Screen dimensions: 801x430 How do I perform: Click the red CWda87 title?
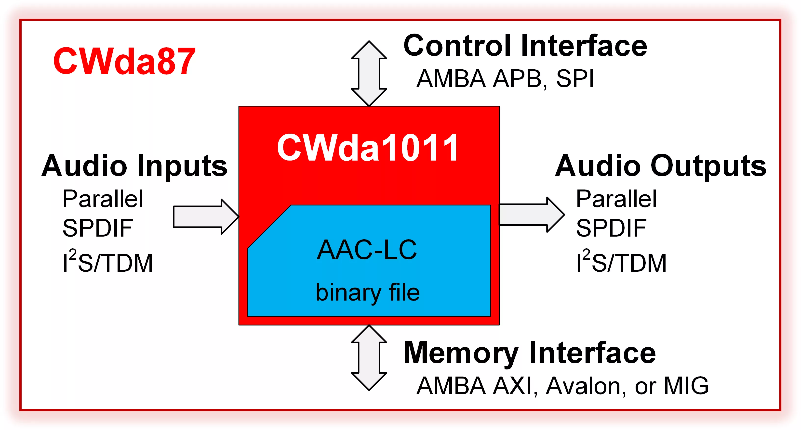tap(124, 61)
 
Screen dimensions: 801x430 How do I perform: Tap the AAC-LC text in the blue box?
tap(367, 250)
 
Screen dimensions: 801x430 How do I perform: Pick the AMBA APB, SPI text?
tap(505, 79)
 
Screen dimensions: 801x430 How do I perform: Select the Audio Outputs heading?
tap(661, 166)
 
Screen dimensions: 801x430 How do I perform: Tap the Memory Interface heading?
tap(530, 353)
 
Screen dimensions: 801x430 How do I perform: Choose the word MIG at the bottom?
tap(686, 386)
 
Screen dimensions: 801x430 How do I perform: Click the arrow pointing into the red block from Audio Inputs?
tap(206, 216)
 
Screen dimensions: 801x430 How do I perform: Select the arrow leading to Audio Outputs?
tap(532, 214)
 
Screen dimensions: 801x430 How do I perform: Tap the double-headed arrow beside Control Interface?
tap(369, 74)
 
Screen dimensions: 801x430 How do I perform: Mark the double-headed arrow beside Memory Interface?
tap(369, 358)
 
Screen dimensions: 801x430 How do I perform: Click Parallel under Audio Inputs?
tap(103, 199)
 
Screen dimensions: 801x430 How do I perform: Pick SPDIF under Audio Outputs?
tap(611, 228)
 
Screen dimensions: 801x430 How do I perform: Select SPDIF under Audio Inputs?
tap(98, 228)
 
